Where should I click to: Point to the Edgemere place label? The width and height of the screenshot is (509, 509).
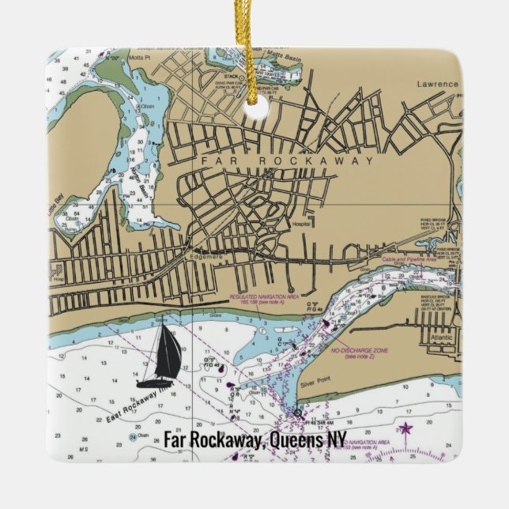pos(208,255)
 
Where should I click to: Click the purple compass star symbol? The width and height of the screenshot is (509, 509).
pos(406,430)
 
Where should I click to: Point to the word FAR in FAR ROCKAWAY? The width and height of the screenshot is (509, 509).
pos(216,160)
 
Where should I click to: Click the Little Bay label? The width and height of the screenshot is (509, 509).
pos(58,206)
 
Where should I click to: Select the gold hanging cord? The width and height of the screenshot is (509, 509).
pos(254,47)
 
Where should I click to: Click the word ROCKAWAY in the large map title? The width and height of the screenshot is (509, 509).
pos(311,160)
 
